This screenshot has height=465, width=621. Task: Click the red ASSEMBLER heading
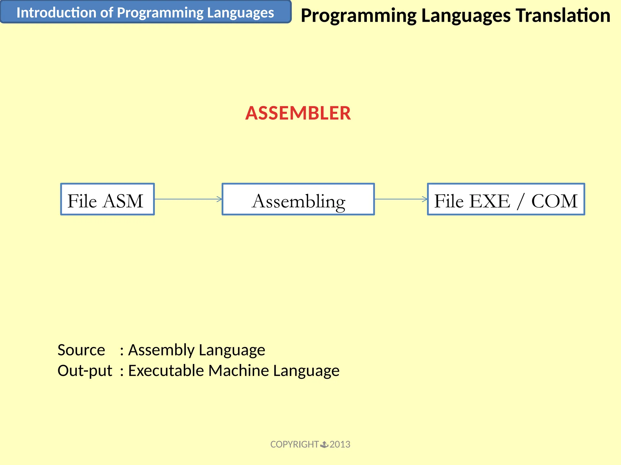(x=298, y=113)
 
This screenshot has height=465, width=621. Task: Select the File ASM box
(x=107, y=199)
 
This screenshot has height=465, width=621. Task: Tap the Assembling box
(x=298, y=199)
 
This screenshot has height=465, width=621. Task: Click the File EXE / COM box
(x=506, y=199)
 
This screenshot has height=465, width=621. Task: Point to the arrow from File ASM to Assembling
(x=188, y=199)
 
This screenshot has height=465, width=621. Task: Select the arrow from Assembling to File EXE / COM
(x=401, y=199)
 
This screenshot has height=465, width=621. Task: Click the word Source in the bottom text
(x=81, y=350)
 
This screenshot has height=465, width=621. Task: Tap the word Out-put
(x=85, y=371)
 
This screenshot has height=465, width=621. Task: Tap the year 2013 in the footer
(x=340, y=444)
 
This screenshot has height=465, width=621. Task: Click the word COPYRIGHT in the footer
(x=294, y=444)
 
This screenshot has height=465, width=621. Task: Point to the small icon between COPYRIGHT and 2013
(x=324, y=444)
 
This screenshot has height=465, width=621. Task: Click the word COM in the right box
(x=554, y=201)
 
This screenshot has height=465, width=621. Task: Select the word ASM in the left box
(x=123, y=201)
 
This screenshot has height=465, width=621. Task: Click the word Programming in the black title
(x=358, y=16)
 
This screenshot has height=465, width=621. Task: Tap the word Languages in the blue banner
(x=240, y=13)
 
